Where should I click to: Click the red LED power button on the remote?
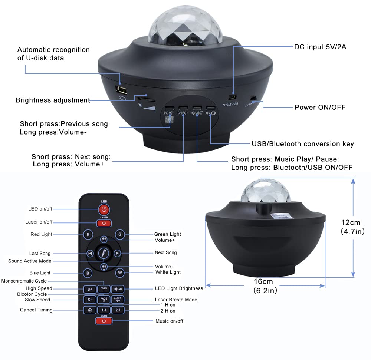104,209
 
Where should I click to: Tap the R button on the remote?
88,234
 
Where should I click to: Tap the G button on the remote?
119,234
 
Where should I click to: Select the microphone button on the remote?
104,254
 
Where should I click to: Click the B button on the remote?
88,273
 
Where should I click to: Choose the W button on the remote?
119,273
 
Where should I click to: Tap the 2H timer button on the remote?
118,310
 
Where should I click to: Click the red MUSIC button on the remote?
104,321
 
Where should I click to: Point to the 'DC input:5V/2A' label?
320,47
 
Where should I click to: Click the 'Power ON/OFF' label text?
320,108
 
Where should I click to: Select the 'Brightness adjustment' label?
53,100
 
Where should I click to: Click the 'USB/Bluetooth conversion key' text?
303,144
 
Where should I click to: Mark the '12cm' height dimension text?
351,223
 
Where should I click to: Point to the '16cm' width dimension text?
265,282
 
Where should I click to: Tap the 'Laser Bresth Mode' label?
176,300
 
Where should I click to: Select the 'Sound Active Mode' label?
30,261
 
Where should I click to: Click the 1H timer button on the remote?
104,310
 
